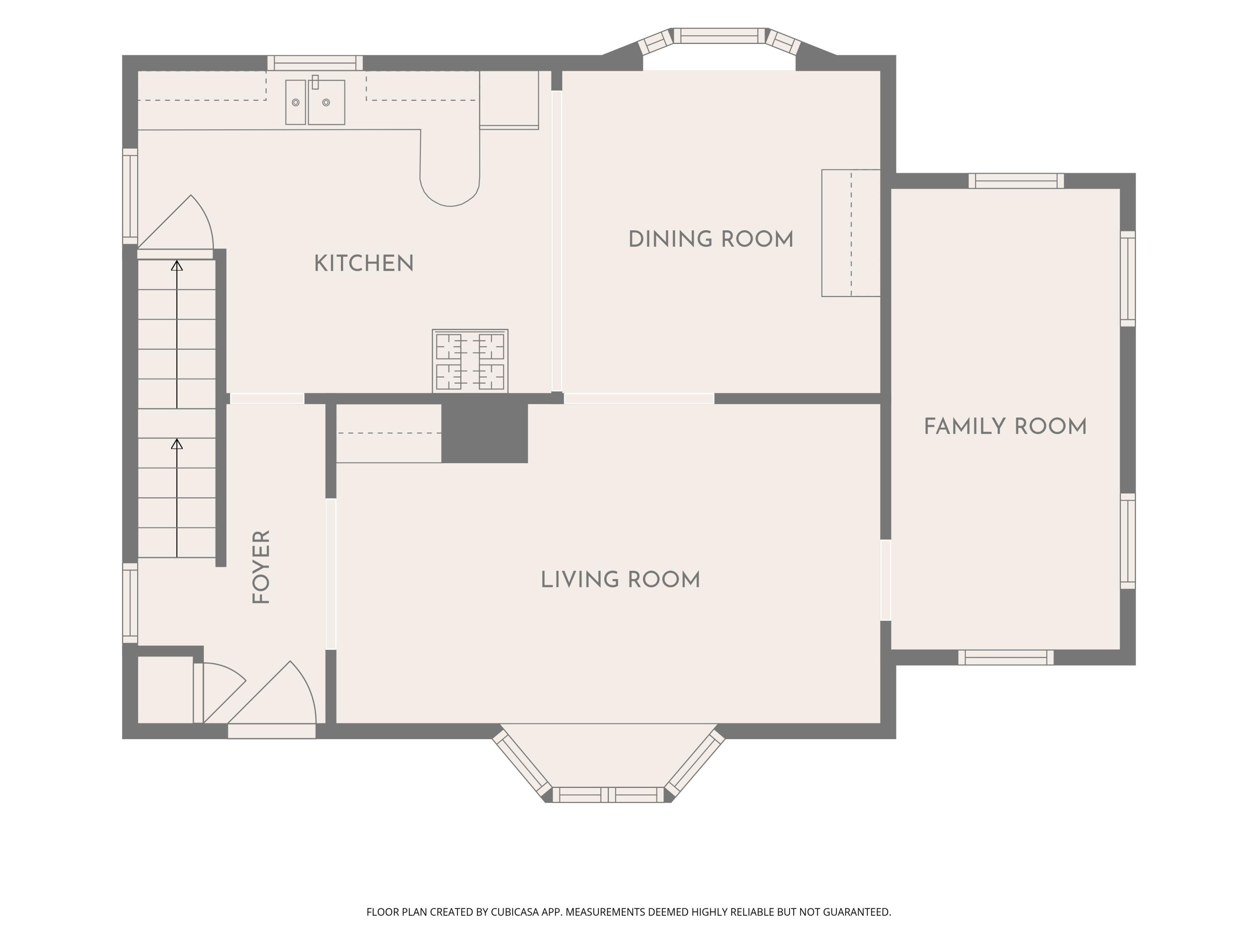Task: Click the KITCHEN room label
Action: (364, 263)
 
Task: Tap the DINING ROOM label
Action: (711, 240)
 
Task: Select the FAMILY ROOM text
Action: (1005, 427)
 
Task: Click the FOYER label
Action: (261, 567)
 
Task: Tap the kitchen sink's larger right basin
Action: (326, 102)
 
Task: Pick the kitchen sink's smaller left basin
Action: (295, 102)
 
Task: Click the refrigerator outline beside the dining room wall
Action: (509, 99)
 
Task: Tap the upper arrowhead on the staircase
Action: (177, 265)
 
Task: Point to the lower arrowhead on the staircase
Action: (177, 444)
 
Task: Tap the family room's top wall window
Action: (1016, 181)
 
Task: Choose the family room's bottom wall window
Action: (1006, 657)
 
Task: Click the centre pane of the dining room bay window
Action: (720, 35)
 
